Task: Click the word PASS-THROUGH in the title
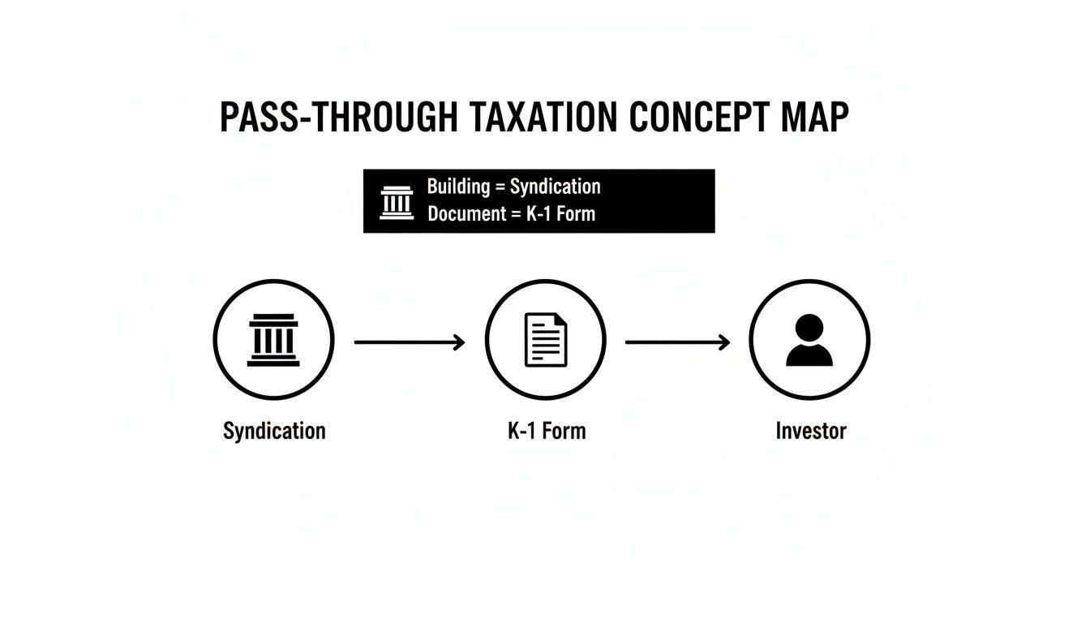tap(338, 118)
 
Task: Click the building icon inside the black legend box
tap(397, 202)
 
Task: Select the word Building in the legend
tap(458, 187)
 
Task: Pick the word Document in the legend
tap(463, 214)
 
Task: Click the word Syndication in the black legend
tap(555, 187)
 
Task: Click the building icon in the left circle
tap(273, 340)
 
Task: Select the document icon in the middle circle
tap(546, 340)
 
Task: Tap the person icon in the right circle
tap(809, 341)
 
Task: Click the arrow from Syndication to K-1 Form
tap(410, 342)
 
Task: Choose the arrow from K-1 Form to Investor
tap(677, 342)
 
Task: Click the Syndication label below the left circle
tap(274, 431)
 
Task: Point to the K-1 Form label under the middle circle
tap(547, 431)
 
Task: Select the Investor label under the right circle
tap(810, 431)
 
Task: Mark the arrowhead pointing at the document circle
tap(460, 342)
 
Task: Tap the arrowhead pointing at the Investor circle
tap(724, 342)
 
